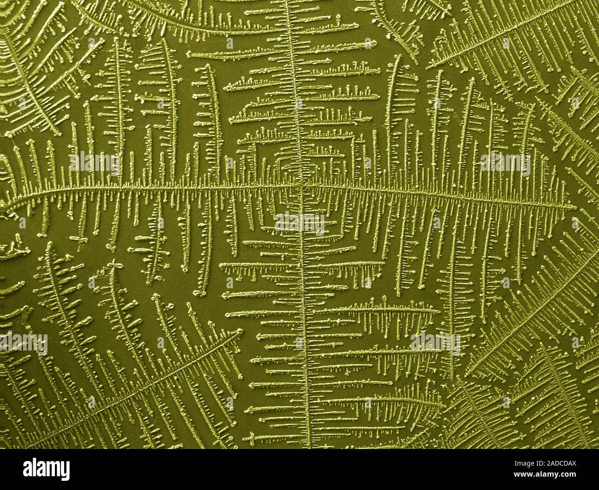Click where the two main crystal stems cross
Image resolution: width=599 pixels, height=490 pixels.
300,186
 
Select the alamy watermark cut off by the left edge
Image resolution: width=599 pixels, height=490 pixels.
23,343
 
